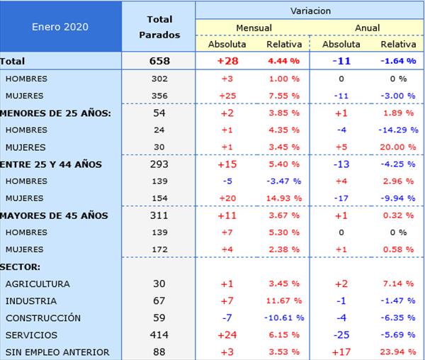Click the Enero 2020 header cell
60,27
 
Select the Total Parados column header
159,27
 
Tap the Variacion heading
310,11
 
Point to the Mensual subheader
254,28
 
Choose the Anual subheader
367,28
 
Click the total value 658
159,61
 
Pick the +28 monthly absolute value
227,61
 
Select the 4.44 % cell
284,61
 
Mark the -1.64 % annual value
397,61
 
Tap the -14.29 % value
397,130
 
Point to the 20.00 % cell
397,147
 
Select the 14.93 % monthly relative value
284,198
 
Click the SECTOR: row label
21,266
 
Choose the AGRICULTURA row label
38,284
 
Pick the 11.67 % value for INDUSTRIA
284,301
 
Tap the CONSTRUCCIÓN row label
42,318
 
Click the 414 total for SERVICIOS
159,335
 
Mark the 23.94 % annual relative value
397,352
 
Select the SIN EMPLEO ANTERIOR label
57,352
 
